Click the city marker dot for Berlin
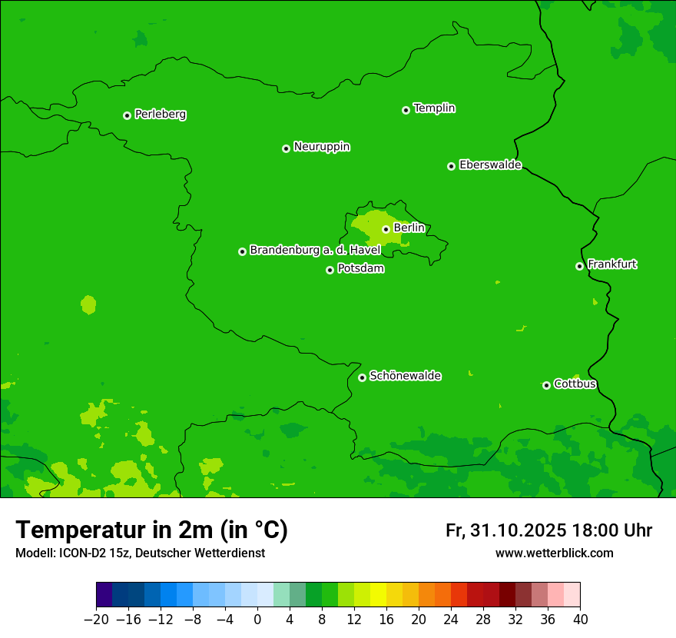point(386,229)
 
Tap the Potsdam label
point(360,269)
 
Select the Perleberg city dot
point(127,115)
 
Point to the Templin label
point(434,108)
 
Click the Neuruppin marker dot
point(286,148)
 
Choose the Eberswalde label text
point(490,165)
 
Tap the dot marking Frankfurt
point(579,266)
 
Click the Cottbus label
point(575,384)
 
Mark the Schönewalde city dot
point(362,377)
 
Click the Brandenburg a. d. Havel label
point(315,251)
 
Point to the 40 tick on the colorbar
point(580,619)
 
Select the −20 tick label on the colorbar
point(96,619)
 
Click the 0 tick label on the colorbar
point(257,619)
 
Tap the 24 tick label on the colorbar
point(451,619)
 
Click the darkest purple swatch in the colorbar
point(104,594)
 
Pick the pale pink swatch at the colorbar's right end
point(572,594)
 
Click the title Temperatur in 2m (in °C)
point(151,530)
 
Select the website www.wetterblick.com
point(554,553)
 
